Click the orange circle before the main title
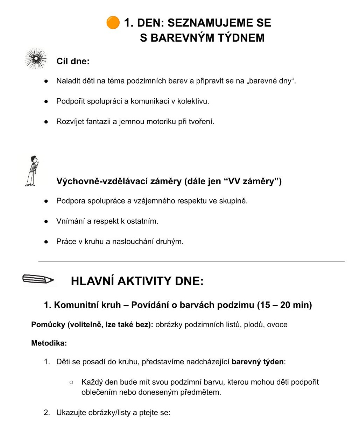113,23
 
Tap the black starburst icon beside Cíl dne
36,59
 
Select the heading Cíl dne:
73,61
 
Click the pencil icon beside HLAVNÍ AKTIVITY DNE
38,279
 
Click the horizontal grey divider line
191,261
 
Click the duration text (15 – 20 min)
284,305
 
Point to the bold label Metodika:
49,343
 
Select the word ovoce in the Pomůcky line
277,324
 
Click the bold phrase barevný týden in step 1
257,362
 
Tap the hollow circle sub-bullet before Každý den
71,382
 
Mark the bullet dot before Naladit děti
46,81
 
